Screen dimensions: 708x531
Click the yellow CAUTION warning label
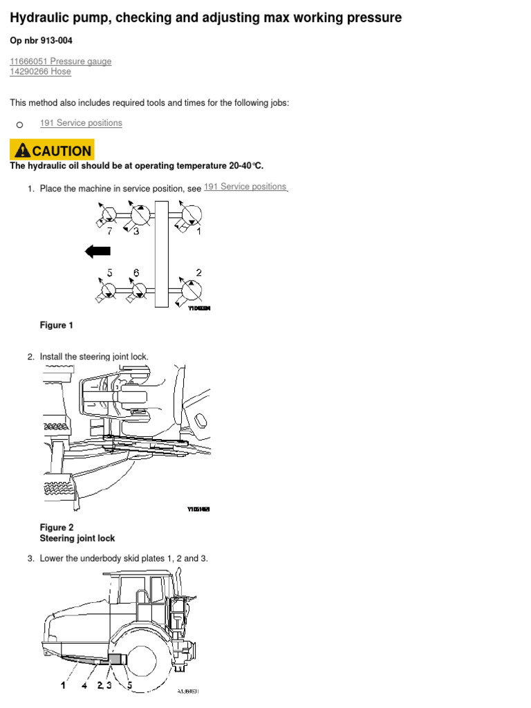click(52, 150)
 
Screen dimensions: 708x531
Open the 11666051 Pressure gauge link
click(60, 62)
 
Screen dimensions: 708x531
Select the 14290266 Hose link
click(40, 72)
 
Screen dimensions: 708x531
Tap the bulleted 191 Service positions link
click(81, 123)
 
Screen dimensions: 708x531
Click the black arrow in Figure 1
click(97, 251)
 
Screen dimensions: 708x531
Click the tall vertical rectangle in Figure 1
click(162, 253)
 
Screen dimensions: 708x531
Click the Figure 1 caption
click(57, 325)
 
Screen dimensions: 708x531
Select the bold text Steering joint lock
click(77, 538)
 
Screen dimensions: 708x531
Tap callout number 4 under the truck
click(85, 685)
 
